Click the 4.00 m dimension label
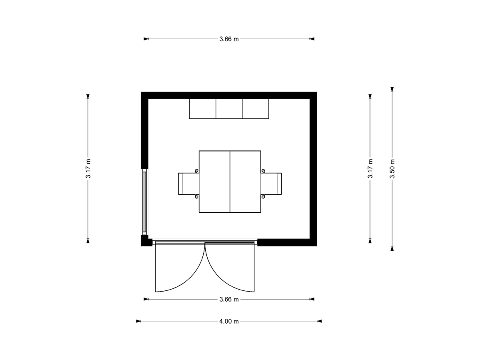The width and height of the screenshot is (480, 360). coord(229,321)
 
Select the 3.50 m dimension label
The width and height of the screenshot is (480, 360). coord(392,169)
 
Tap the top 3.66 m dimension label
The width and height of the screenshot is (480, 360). coord(229,39)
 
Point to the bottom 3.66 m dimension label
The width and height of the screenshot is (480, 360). coord(229,299)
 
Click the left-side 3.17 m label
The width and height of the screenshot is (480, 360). coord(88,169)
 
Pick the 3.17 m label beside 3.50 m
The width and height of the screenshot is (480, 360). coord(370,169)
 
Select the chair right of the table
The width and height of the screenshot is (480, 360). coord(271,184)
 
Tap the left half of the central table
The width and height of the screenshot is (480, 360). coord(214,182)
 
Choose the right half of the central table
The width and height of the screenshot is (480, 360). coord(245,182)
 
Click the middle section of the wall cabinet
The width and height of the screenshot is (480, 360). coord(229,109)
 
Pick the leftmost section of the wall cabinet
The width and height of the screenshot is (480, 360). coord(202,109)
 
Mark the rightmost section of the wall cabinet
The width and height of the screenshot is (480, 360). coord(256,109)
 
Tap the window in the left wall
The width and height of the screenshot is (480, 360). coord(144,202)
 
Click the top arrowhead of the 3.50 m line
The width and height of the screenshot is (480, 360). coord(392,89)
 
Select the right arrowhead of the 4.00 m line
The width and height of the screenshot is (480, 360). coord(319,321)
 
